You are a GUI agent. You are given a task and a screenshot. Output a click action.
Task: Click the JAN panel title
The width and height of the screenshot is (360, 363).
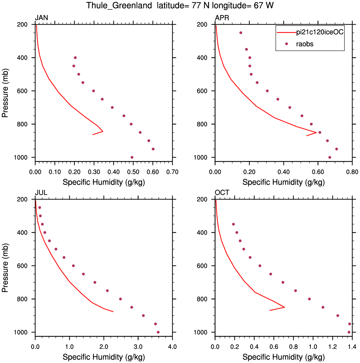tap(41, 18)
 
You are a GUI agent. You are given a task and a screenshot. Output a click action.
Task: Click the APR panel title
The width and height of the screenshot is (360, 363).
tap(222, 18)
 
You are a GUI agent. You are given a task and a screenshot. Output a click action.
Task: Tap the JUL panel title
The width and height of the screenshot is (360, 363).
tap(41, 193)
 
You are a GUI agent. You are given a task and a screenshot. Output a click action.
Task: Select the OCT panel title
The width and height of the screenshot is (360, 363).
tap(222, 193)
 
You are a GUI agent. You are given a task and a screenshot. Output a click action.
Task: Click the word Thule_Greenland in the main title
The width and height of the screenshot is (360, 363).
tap(119, 5)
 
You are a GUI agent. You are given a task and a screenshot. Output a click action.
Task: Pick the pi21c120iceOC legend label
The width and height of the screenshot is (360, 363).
tap(320, 32)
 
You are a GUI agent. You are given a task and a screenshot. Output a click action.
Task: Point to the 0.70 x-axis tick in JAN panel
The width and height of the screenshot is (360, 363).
tap(172, 172)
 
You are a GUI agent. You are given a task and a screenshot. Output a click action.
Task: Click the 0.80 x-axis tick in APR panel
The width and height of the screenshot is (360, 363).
tap(352, 172)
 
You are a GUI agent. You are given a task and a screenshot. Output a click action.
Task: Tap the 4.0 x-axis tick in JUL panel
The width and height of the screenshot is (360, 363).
tap(172, 347)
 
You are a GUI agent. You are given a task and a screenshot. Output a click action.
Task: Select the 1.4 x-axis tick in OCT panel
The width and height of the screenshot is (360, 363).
tap(352, 347)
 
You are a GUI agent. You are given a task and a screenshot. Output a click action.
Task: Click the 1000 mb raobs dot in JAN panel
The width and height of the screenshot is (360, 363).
tap(132, 157)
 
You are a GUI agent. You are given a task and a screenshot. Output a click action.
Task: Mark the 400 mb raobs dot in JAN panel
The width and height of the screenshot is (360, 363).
tap(75, 58)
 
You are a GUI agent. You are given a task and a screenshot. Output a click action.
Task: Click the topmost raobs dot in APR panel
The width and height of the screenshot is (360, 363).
tap(241, 33)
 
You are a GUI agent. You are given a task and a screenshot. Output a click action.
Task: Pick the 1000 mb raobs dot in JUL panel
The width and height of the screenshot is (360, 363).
tap(158, 332)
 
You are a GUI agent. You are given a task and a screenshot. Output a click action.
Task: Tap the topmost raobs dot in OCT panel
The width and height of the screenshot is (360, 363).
tap(233, 224)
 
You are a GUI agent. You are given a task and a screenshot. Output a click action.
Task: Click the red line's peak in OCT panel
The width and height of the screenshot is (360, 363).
tap(285, 307)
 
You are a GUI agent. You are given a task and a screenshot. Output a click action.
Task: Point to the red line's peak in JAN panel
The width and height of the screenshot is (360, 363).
tap(103, 131)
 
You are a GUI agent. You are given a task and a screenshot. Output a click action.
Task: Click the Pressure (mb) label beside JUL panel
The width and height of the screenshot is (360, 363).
tap(5, 268)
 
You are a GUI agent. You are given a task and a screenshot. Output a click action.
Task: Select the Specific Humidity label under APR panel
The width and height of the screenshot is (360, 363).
tap(284, 182)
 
